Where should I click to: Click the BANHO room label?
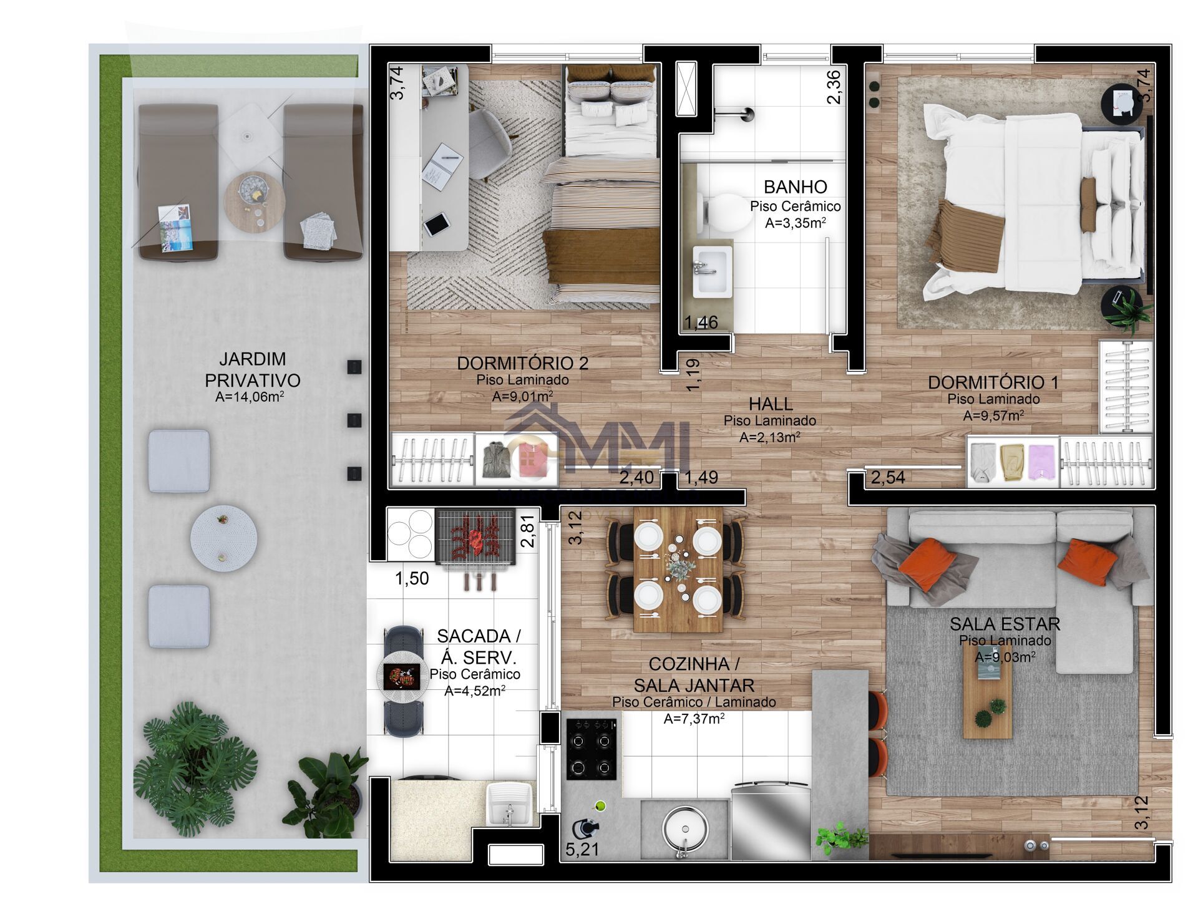click(x=795, y=187)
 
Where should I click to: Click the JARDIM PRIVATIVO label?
click(x=252, y=369)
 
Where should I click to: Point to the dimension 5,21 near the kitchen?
click(x=582, y=849)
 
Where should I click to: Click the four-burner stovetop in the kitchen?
click(x=591, y=749)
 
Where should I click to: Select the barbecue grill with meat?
click(x=476, y=538)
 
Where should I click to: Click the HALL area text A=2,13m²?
click(x=769, y=438)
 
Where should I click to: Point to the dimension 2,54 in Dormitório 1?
click(x=887, y=478)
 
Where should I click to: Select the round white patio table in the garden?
click(x=223, y=538)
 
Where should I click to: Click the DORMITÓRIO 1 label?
click(x=993, y=382)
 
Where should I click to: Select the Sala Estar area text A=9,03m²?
click(x=1005, y=657)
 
